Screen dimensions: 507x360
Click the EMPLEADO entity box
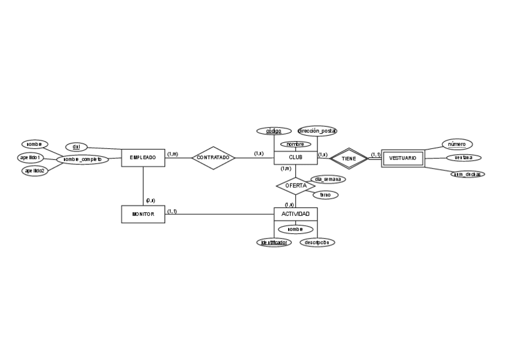click(x=143, y=158)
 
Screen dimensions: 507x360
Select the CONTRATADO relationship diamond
click(x=213, y=158)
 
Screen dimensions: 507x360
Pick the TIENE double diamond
click(x=349, y=158)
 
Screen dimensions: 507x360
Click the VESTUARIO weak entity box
click(x=402, y=158)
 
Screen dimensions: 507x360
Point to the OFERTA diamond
click(x=295, y=185)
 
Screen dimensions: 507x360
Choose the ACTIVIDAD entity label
click(x=295, y=213)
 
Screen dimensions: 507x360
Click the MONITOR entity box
click(x=143, y=214)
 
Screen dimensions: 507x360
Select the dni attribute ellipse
click(x=76, y=147)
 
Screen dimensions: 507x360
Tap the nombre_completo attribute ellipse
click(x=83, y=160)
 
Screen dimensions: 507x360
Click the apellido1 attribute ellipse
click(x=31, y=157)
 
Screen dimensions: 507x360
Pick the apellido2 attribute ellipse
click(x=35, y=170)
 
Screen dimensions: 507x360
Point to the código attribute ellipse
click(x=274, y=131)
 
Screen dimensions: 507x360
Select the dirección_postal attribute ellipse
click(x=317, y=130)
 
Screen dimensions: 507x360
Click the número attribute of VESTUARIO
click(x=457, y=144)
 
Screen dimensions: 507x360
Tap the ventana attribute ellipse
click(x=463, y=158)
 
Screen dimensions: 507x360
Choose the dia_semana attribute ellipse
click(x=328, y=179)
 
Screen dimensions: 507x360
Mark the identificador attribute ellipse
click(x=274, y=242)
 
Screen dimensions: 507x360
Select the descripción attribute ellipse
click(x=317, y=242)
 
